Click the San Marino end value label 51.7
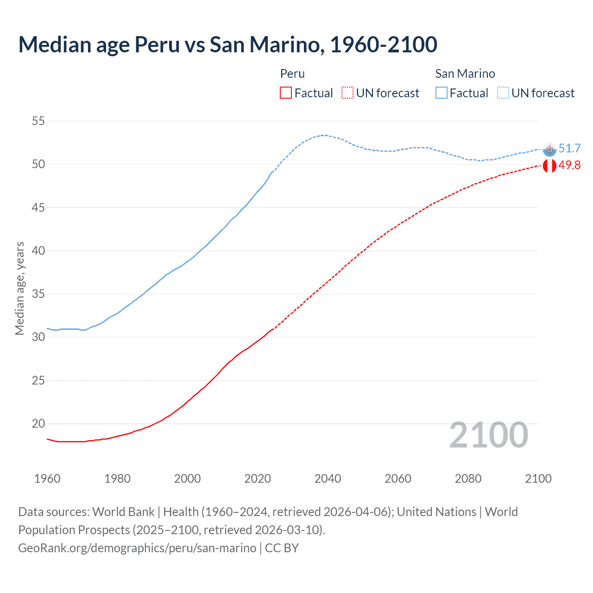click(569, 148)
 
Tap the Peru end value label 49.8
click(569, 165)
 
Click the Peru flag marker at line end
click(549, 165)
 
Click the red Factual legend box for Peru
click(286, 93)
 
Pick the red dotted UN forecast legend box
click(347, 93)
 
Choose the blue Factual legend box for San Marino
click(442, 93)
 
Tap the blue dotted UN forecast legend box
click(503, 93)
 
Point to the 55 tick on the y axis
click(38, 121)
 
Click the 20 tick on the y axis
click(38, 423)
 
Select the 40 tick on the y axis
click(38, 251)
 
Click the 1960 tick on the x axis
click(47, 479)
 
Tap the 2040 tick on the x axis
click(328, 479)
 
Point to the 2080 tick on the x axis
click(468, 479)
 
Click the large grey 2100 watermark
click(489, 435)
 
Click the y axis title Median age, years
click(19, 288)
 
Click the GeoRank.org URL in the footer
click(137, 548)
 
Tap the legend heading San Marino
click(465, 74)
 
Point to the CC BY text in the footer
click(282, 548)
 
